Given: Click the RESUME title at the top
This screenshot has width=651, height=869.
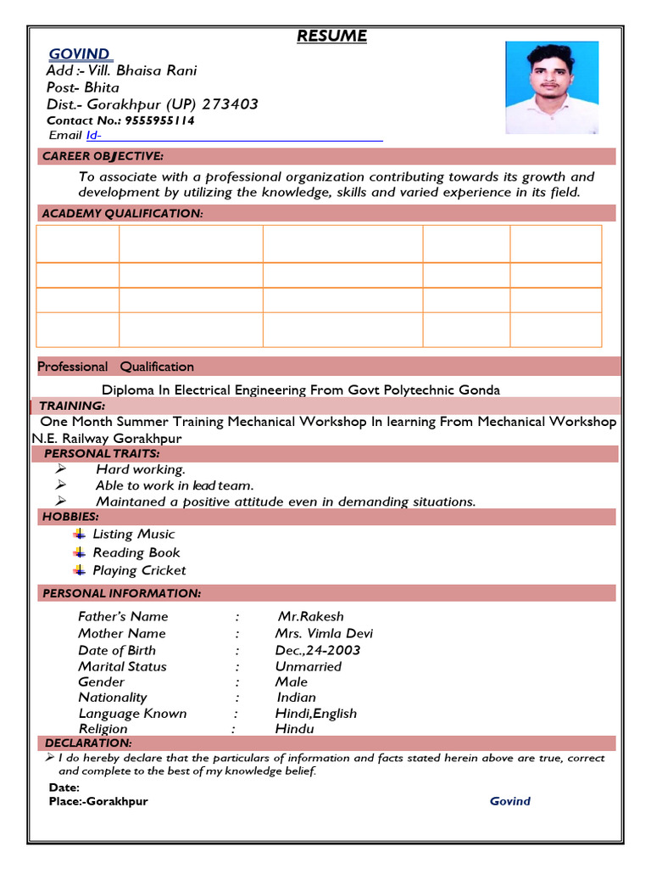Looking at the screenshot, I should (x=331, y=36).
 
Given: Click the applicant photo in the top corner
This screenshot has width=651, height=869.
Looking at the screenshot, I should (x=552, y=87).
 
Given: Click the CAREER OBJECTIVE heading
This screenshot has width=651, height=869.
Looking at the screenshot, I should (x=103, y=156).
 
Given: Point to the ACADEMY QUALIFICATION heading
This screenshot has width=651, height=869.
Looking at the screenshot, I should (x=122, y=214).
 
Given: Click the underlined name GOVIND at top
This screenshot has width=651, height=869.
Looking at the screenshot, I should (x=79, y=54).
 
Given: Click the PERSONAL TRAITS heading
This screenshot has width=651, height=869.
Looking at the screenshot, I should (x=102, y=454).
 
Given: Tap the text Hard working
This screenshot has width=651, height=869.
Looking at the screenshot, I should (x=140, y=469).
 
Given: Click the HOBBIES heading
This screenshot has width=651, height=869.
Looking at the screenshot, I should (x=69, y=517).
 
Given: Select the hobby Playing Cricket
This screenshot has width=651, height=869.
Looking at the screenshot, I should (x=139, y=570).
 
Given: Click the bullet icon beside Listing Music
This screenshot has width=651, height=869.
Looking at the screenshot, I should (x=79, y=534).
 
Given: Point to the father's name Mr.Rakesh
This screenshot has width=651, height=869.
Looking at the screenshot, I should (x=310, y=616).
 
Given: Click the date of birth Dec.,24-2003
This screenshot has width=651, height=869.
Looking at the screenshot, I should (x=317, y=650).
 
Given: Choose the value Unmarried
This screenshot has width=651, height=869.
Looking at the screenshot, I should (x=309, y=666).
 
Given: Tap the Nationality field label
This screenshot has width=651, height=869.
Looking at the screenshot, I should (x=113, y=697).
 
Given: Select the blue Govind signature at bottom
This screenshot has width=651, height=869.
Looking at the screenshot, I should (x=510, y=801).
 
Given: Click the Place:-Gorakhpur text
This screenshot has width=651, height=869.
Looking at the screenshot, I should (x=98, y=801).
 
